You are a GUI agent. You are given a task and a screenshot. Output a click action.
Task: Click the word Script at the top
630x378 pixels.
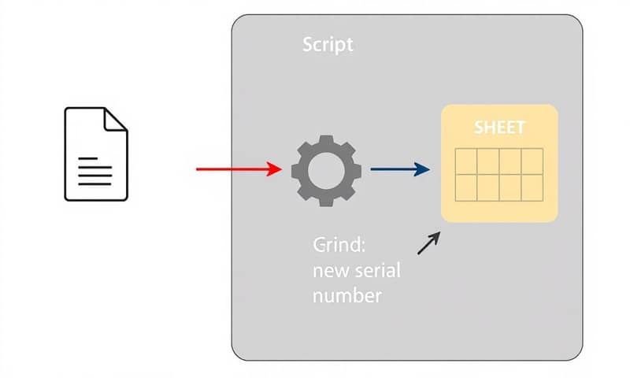click(328, 44)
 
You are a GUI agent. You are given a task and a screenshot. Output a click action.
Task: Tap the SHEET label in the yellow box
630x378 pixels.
click(499, 128)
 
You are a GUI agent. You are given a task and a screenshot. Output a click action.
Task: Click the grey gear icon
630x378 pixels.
click(326, 169)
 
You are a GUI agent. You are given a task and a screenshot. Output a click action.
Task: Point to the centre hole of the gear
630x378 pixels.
click(326, 169)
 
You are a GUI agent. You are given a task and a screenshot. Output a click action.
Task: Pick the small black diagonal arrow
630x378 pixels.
click(428, 243)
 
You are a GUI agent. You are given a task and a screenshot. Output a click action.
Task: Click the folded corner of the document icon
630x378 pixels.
click(117, 120)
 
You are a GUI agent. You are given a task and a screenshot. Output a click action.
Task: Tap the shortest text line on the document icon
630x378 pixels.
click(88, 158)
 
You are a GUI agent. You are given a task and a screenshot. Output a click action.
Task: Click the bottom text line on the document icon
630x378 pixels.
click(94, 183)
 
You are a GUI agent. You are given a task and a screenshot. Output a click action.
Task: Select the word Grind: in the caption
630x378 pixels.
click(339, 245)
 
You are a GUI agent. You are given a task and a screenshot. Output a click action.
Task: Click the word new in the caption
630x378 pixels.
click(331, 271)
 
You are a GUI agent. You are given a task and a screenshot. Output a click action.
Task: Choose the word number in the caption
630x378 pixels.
click(346, 296)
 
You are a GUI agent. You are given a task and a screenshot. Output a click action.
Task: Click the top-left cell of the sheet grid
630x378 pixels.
click(467, 161)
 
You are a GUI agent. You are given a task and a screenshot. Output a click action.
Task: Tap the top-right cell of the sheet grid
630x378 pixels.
click(532, 161)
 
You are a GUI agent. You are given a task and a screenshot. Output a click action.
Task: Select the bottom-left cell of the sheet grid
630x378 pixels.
click(467, 187)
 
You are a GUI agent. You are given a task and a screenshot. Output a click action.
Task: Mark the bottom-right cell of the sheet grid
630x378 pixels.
click(532, 187)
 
